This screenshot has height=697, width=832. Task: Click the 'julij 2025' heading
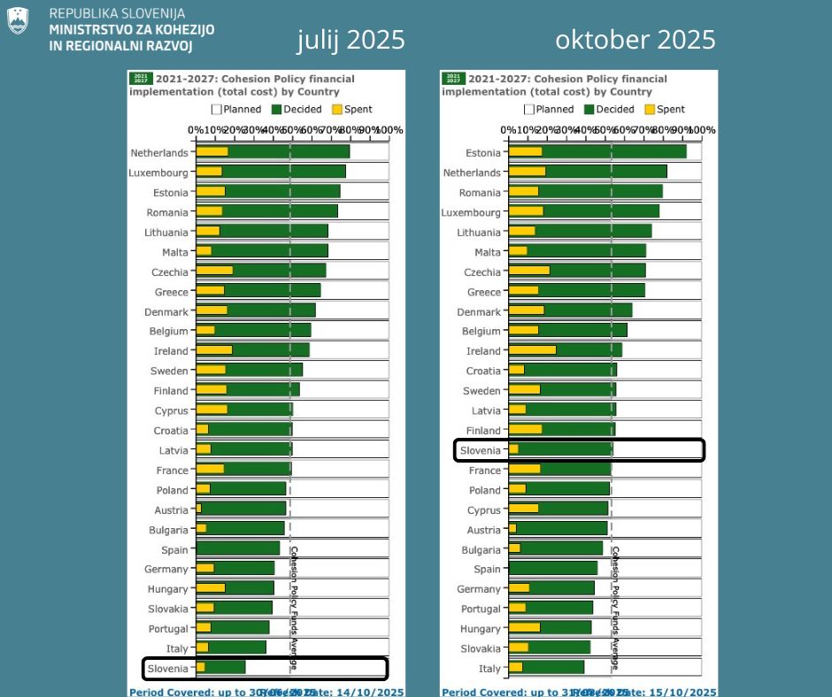(x=351, y=40)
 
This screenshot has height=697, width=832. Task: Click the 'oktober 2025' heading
(x=635, y=40)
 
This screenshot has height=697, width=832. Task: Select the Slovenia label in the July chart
(x=167, y=669)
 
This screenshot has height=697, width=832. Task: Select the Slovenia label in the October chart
(x=480, y=450)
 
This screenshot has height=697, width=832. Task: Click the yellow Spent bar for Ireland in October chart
(x=532, y=351)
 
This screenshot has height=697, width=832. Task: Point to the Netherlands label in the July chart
(x=159, y=153)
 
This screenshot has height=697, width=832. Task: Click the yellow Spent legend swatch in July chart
(x=336, y=110)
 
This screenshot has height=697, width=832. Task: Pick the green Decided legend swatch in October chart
(x=589, y=110)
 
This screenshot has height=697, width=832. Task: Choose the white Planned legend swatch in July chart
(x=216, y=110)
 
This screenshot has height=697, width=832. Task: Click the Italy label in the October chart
(x=489, y=669)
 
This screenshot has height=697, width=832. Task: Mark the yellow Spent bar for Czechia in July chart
(x=214, y=272)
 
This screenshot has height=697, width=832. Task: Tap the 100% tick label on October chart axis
(x=703, y=130)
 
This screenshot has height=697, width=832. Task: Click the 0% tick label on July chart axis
(x=195, y=130)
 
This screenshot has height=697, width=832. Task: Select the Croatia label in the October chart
(x=483, y=371)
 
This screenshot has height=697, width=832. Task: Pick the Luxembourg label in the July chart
(x=158, y=172)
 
